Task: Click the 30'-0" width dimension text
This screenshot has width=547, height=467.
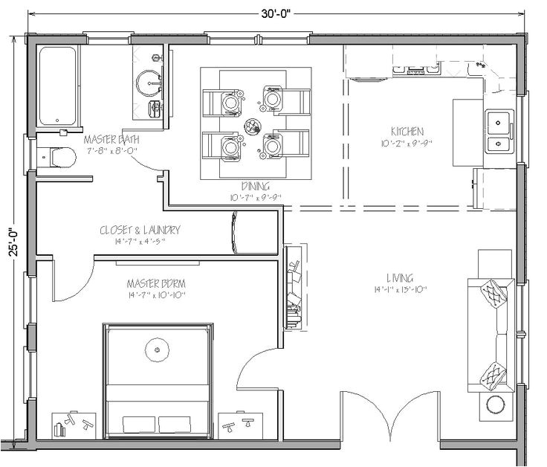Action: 273,11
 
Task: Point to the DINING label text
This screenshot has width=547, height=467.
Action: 255,186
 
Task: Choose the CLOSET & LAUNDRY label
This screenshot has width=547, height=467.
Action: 140,230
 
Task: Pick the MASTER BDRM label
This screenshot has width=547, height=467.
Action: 155,283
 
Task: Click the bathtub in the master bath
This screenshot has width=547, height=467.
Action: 58,86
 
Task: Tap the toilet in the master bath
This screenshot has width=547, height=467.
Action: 57,158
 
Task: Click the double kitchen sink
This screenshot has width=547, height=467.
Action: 499,131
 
